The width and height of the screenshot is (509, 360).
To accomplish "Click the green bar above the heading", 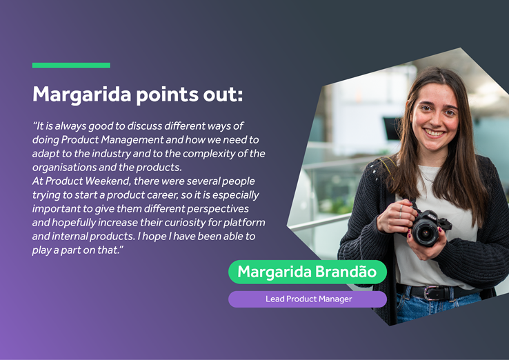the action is pos(71,66).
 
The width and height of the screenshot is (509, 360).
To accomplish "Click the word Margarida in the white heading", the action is pos(82,94).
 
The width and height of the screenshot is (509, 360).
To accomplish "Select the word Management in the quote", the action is pos(132,140).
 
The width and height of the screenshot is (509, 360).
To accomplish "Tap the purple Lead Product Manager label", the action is pos(308,299).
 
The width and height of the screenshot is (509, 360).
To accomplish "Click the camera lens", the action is pos(426,232).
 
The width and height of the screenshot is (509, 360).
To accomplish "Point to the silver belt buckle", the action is pos(431,293).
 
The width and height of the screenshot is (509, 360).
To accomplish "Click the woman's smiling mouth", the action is pos(435,133).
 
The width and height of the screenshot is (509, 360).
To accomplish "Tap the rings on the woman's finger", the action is pos(401,211).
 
